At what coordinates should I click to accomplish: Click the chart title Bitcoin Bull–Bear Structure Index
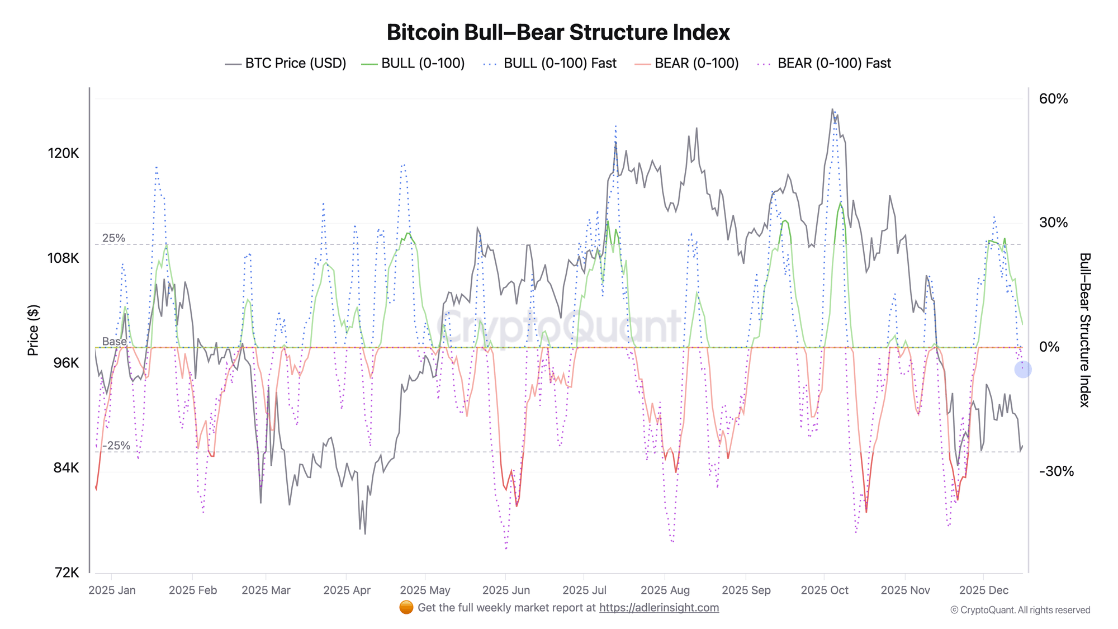coord(558,32)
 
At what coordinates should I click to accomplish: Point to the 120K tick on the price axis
coord(63,153)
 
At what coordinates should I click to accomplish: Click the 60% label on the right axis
coord(1053,99)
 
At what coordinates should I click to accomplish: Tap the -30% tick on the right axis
coord(1056,471)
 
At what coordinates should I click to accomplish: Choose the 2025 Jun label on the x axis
coord(506,590)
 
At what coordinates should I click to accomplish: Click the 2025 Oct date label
coord(824,590)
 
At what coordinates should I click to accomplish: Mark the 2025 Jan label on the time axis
coord(112,590)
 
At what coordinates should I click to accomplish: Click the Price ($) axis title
coord(33,330)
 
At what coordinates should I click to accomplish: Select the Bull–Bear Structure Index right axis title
coord(1084,330)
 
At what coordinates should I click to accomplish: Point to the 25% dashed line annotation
coord(113,238)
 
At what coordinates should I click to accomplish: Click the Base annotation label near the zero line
coord(114,342)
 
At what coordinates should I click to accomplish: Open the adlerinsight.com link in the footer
coord(659,608)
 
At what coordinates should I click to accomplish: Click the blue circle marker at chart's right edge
coord(1022,370)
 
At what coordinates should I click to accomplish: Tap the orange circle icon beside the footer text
coord(406,608)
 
